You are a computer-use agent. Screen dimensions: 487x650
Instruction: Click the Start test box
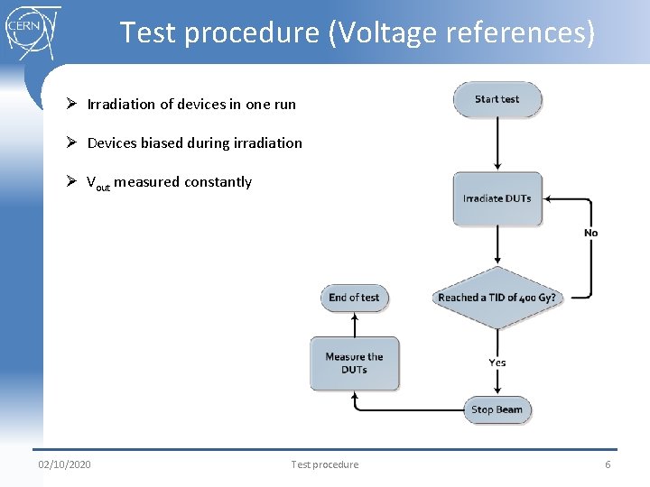click(x=497, y=99)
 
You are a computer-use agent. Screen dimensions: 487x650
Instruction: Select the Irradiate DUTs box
click(x=497, y=199)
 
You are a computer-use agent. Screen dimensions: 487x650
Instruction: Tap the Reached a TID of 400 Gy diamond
click(x=497, y=298)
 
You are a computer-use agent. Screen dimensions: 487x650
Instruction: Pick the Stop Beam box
click(x=497, y=409)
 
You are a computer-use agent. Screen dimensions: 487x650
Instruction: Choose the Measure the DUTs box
click(x=355, y=363)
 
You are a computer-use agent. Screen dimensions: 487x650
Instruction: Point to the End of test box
click(x=354, y=298)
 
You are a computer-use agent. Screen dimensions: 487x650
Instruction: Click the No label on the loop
click(x=590, y=233)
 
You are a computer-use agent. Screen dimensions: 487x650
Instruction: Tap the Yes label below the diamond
click(x=497, y=363)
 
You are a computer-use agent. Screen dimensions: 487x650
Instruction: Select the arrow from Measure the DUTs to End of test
click(x=354, y=324)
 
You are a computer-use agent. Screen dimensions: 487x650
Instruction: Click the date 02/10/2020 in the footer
click(x=64, y=464)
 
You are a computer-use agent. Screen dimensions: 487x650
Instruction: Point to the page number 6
click(x=608, y=464)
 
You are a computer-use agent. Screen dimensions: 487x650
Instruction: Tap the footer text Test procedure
click(x=324, y=464)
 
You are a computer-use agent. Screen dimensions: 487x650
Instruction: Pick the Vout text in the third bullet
click(x=97, y=183)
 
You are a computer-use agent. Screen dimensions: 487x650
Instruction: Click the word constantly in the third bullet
click(x=218, y=182)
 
